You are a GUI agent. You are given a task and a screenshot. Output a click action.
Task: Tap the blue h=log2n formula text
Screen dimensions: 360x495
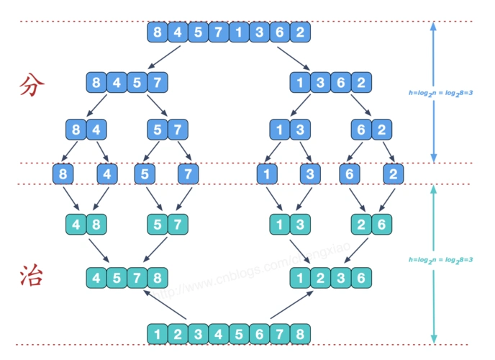440,92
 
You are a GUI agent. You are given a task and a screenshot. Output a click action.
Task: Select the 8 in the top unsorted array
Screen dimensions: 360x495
156,32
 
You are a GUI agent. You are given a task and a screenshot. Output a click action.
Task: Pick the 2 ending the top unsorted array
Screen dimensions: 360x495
301,32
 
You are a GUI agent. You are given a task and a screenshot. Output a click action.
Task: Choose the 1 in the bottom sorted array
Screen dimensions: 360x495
156,334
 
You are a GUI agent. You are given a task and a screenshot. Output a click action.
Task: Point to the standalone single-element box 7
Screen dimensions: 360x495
189,174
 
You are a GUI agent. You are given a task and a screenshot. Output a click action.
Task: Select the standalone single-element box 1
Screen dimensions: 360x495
268,174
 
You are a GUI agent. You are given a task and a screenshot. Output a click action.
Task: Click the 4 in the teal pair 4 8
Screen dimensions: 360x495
76,224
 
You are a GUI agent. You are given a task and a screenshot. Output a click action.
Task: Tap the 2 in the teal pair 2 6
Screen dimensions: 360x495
362,224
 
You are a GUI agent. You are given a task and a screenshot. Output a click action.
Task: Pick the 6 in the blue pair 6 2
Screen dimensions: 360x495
362,130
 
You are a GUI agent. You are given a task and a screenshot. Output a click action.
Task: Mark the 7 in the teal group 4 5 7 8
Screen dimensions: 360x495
137,276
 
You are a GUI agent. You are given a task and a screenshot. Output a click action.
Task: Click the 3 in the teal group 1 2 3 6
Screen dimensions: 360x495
342,276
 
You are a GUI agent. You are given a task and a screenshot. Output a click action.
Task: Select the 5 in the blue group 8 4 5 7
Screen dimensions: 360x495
137,81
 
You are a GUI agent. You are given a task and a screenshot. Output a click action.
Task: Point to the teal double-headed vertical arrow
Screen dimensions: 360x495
433,263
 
